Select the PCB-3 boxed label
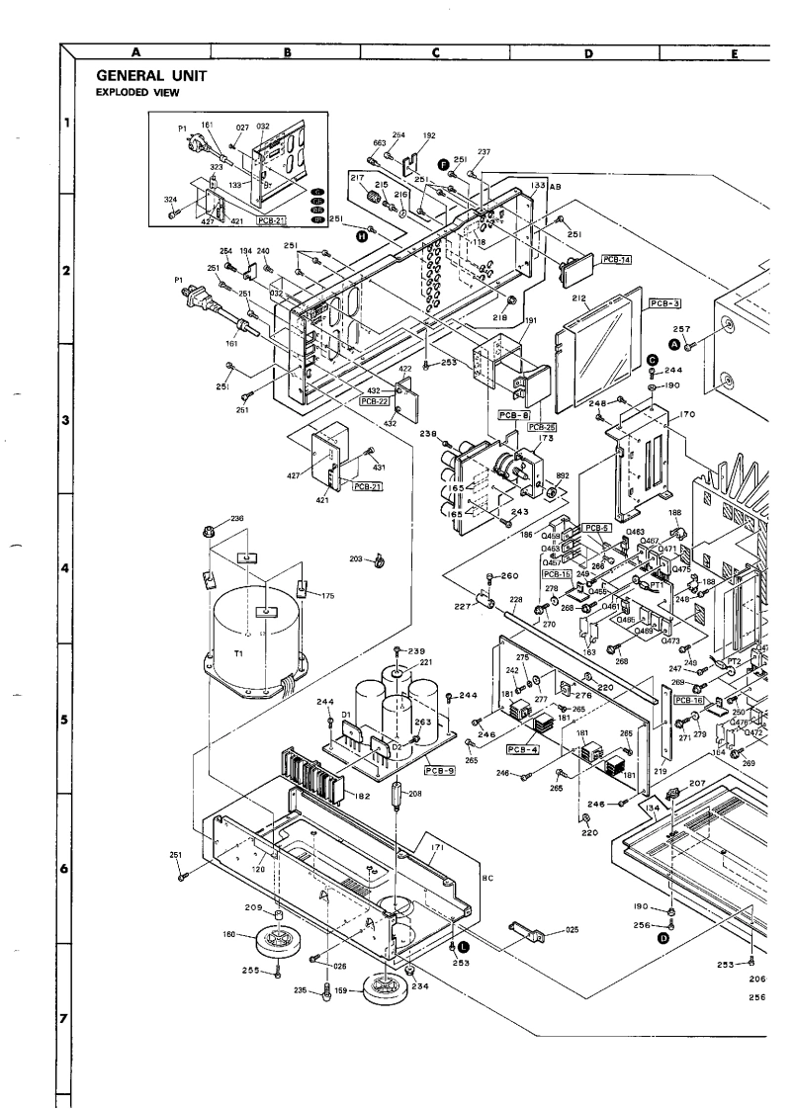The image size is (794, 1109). [x=665, y=304]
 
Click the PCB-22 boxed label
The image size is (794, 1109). [x=375, y=401]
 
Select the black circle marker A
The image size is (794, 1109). [x=675, y=343]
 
